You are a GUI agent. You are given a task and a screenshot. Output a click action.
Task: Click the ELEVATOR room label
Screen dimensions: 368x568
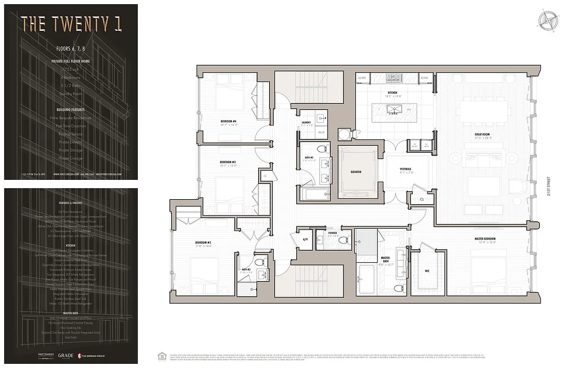pyautogui.click(x=356, y=172)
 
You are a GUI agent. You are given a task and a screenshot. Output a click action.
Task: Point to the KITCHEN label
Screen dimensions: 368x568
pyautogui.click(x=392, y=93)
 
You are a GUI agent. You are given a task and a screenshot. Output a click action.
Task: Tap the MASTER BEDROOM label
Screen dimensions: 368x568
pyautogui.click(x=485, y=239)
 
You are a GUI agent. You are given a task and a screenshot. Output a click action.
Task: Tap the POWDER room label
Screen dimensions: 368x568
pyautogui.click(x=333, y=233)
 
